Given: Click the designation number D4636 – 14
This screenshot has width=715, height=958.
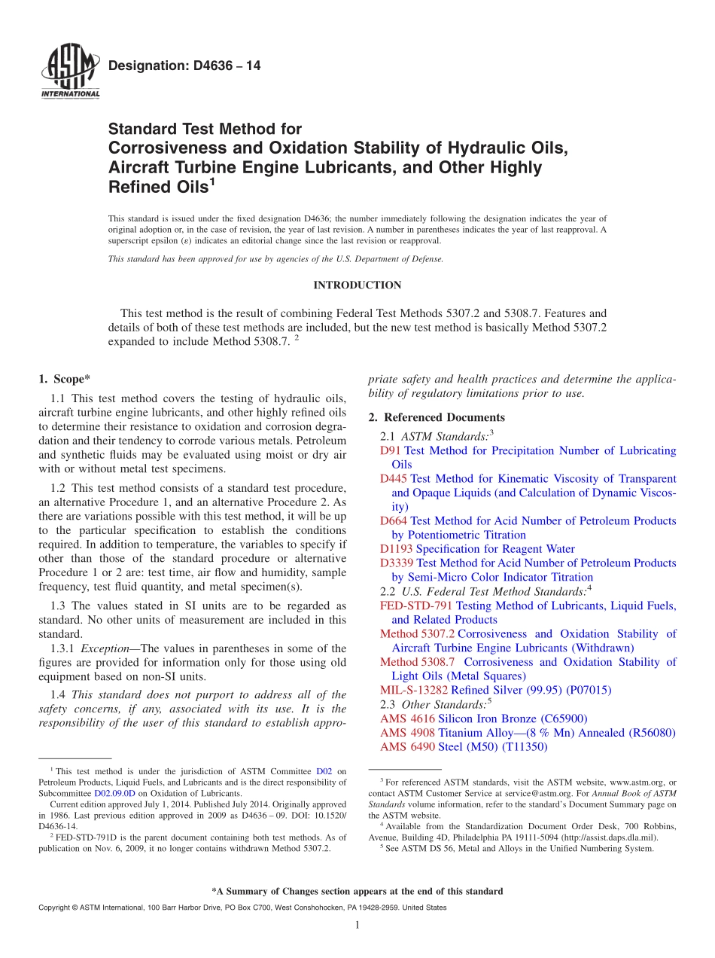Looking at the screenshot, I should [x=184, y=66].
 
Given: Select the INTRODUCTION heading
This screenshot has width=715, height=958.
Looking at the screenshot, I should [x=357, y=285].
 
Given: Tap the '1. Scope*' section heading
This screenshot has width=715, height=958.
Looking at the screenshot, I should [x=64, y=379].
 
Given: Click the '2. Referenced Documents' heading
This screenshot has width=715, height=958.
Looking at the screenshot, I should [x=436, y=417].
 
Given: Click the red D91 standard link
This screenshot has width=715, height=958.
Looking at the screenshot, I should [x=391, y=450].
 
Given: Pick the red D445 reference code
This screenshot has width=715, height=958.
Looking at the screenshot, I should [x=394, y=479].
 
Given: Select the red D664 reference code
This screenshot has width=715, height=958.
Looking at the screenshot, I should [x=394, y=521].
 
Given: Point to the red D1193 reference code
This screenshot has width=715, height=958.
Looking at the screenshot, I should [x=397, y=549].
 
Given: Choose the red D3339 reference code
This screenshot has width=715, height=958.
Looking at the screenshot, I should [x=397, y=563].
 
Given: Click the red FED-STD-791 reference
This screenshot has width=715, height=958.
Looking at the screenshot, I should [x=416, y=606].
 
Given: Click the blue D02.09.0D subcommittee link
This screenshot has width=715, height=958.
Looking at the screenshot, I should [x=115, y=793].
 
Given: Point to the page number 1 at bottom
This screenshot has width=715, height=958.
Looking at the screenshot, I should [x=357, y=926].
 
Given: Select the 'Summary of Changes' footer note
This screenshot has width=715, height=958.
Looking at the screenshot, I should [x=357, y=891].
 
